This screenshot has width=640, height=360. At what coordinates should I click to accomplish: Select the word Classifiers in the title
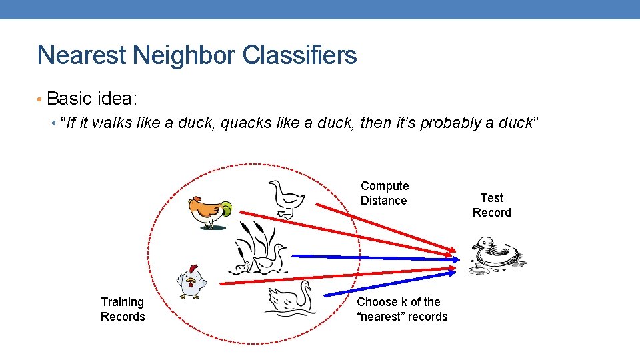click(300, 55)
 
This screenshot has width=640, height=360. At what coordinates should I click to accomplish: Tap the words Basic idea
click(92, 99)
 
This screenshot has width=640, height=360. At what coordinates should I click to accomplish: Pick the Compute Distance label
click(385, 193)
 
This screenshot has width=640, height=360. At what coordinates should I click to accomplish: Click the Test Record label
click(491, 205)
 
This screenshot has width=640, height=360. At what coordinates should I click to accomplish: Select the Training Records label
click(123, 309)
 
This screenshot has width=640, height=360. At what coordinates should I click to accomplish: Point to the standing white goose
click(286, 199)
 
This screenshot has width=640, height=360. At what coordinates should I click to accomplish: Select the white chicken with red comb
click(191, 281)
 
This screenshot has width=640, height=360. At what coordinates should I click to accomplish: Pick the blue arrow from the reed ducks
click(373, 257)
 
